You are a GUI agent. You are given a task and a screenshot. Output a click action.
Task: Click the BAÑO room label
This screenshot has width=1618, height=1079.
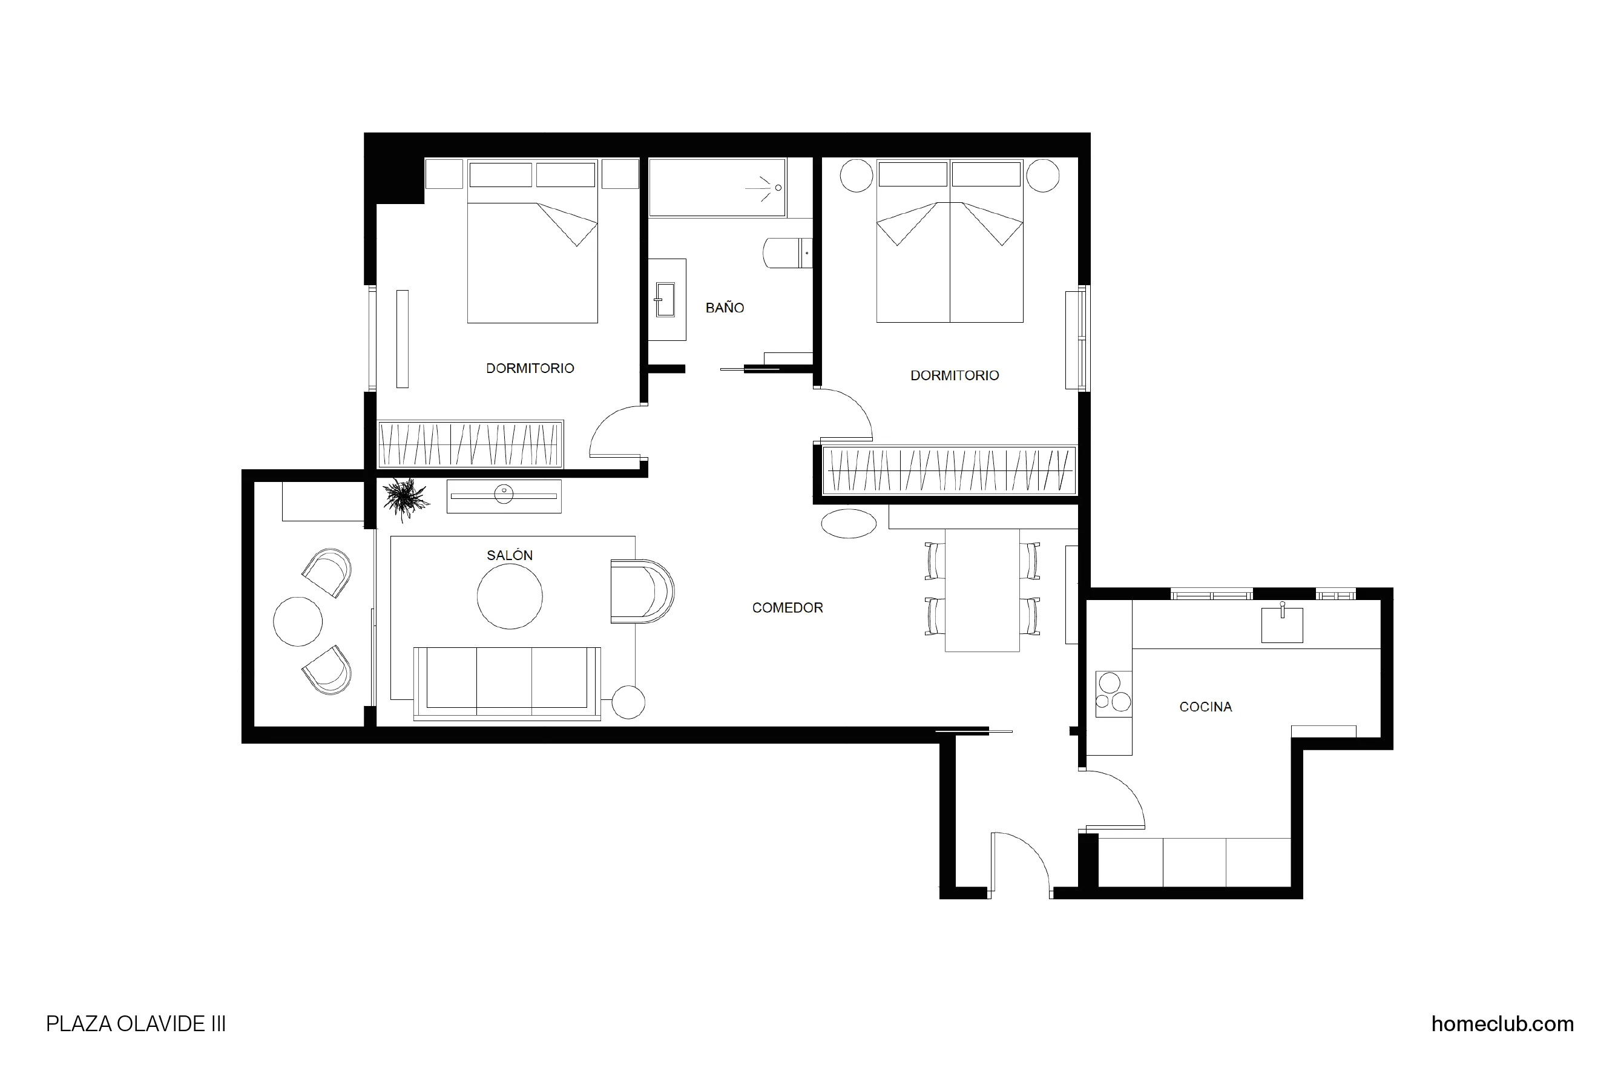pyautogui.click(x=725, y=308)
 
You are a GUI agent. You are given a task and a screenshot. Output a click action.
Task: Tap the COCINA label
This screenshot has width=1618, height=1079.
pyautogui.click(x=1205, y=707)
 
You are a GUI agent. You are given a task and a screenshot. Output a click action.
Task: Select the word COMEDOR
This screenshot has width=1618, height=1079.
pyautogui.click(x=787, y=608)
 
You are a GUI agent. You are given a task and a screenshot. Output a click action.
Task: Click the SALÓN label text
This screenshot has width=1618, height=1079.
pyautogui.click(x=509, y=555)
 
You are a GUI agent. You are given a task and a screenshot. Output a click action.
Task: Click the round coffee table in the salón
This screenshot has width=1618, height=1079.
pyautogui.click(x=509, y=596)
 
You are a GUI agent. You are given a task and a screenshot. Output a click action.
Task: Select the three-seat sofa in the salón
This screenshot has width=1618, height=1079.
pyautogui.click(x=507, y=682)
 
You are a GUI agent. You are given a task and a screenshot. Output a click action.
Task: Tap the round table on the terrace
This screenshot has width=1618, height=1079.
pyautogui.click(x=297, y=621)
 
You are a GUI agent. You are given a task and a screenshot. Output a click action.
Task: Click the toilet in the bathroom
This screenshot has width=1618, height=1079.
pyautogui.click(x=784, y=253)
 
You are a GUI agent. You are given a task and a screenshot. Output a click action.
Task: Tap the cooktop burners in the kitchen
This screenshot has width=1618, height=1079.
pyautogui.click(x=1113, y=693)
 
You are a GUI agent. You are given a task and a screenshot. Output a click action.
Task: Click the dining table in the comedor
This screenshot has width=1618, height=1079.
pyautogui.click(x=982, y=590)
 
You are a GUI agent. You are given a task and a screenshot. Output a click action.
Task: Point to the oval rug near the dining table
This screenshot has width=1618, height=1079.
pyautogui.click(x=848, y=524)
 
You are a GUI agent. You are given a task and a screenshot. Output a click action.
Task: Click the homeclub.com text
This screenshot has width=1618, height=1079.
pyautogui.click(x=1502, y=1024)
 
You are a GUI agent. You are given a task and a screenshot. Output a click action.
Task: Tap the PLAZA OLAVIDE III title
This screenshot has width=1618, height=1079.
pyautogui.click(x=136, y=1024)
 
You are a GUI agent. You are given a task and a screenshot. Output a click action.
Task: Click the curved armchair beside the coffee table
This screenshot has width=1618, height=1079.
pyautogui.click(x=641, y=592)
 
